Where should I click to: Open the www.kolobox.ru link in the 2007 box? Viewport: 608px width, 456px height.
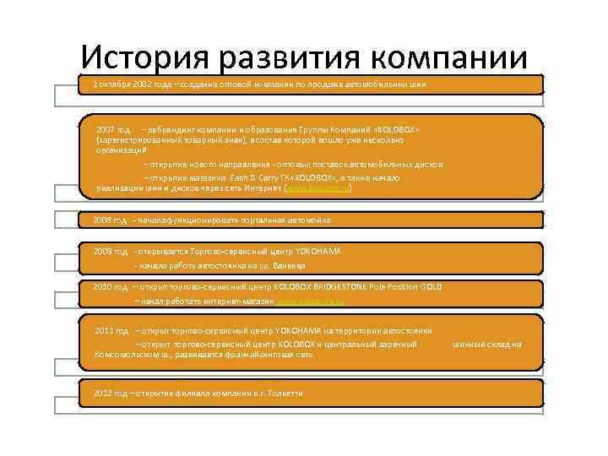point(317,189)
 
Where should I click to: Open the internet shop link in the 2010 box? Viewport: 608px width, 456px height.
point(310,301)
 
